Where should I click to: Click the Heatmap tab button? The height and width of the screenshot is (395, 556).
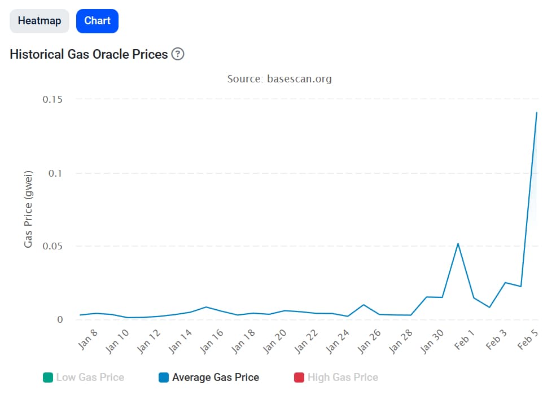(x=40, y=21)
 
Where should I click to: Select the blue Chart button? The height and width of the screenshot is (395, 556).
(x=97, y=21)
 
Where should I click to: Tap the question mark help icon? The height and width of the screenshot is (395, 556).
(x=178, y=54)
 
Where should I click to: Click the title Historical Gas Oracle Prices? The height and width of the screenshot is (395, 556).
(x=89, y=54)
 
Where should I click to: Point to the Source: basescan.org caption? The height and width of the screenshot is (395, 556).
(x=279, y=78)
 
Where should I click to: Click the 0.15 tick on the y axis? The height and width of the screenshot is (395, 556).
(x=52, y=99)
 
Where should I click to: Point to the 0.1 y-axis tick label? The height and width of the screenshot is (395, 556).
(x=55, y=173)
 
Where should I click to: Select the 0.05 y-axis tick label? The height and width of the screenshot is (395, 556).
(x=52, y=246)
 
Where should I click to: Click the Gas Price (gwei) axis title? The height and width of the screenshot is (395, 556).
(x=29, y=209)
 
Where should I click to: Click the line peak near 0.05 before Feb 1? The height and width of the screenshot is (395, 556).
(x=458, y=244)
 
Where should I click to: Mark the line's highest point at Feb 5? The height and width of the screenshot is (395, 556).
(x=536, y=113)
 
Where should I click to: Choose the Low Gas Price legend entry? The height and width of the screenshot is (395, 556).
(x=84, y=377)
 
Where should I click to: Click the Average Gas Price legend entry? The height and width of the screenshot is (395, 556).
(x=209, y=377)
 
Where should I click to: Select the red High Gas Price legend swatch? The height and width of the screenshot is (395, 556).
(x=299, y=377)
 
